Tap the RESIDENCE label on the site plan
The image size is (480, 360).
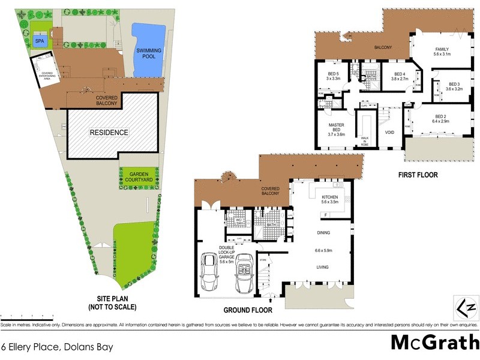pos(109,132)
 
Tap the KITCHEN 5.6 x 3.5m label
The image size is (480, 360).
pos(331,200)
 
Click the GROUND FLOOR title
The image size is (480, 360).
pos(248,310)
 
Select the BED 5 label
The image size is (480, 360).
pos(333,76)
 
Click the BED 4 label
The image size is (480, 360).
pos(400,76)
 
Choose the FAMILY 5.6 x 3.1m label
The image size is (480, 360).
pos(442,52)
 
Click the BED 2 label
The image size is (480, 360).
pos(440,119)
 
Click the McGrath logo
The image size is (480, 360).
pos(434,341)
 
